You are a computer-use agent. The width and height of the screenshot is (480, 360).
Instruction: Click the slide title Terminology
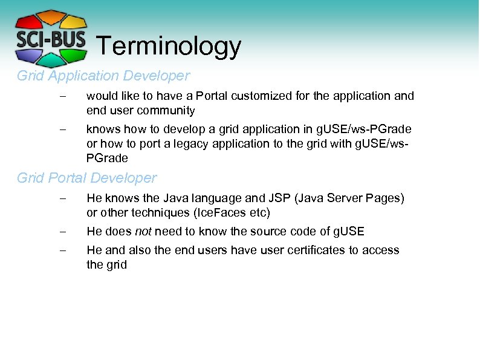click(169, 46)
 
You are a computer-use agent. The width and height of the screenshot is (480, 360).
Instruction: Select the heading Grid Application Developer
click(103, 76)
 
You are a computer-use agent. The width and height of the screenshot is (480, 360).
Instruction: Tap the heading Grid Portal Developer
click(86, 178)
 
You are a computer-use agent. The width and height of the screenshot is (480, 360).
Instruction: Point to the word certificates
click(311, 250)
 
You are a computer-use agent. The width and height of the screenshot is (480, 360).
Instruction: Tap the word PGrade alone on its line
click(107, 159)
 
